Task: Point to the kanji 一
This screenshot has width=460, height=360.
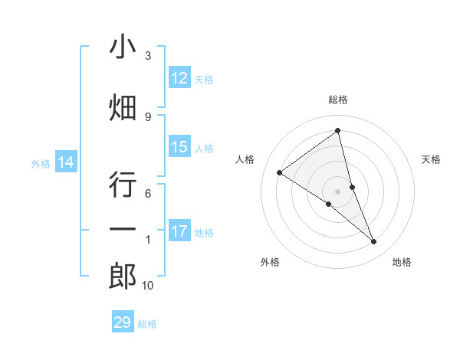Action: point(123,230)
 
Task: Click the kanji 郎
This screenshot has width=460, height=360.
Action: point(123,276)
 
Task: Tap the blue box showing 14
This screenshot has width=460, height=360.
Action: point(66,162)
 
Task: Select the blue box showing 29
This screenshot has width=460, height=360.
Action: point(123,322)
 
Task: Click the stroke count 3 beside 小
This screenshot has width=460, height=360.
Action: point(148,56)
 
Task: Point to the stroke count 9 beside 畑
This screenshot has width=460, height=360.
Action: point(148,116)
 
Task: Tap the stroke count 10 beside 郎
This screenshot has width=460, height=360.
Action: point(148,286)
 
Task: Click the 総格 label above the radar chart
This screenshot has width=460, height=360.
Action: point(338,100)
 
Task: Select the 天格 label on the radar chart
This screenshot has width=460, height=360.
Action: point(431,159)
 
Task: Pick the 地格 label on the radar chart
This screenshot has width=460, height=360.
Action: point(402,262)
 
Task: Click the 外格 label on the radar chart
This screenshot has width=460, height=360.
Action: point(270,262)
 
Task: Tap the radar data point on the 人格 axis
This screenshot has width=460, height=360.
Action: point(279,172)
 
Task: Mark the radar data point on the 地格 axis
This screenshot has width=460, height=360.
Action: point(374,242)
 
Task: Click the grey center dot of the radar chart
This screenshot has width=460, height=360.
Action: point(337,191)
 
